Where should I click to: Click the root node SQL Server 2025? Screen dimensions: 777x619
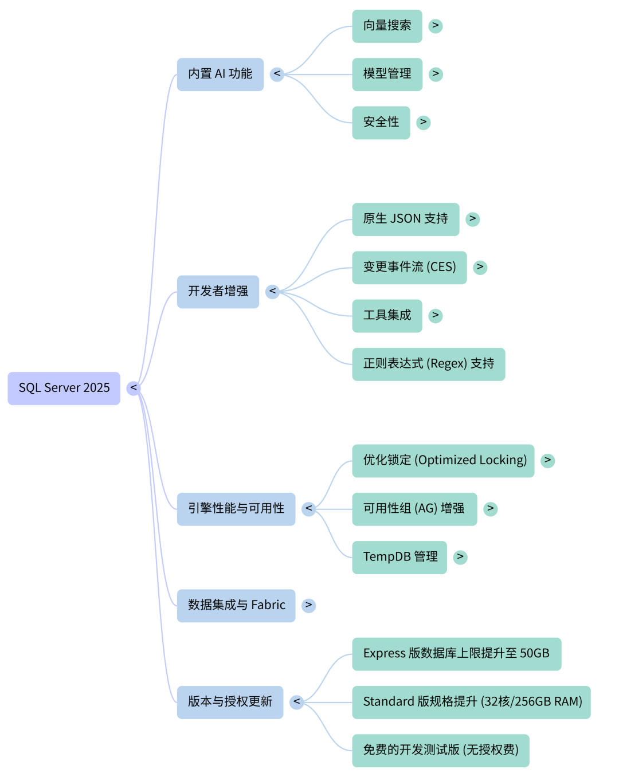(x=64, y=388)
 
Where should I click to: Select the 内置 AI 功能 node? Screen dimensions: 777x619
(x=220, y=74)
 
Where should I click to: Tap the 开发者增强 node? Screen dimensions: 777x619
(x=218, y=292)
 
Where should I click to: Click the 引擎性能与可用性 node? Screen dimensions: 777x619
(x=236, y=509)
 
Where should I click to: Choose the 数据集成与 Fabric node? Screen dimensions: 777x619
(x=236, y=605)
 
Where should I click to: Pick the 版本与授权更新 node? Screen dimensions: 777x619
(x=230, y=702)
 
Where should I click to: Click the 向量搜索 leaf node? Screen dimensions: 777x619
(x=387, y=26)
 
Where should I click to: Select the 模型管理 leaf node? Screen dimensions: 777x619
(x=387, y=74)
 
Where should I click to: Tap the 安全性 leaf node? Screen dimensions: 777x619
(x=381, y=122)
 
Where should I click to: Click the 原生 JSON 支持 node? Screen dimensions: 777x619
(x=405, y=219)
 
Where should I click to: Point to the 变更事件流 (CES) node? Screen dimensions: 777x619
(x=409, y=267)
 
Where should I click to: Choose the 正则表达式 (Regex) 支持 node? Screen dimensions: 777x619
(x=428, y=364)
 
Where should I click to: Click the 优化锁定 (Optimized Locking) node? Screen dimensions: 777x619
(x=443, y=460)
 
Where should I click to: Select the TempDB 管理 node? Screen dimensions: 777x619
(x=399, y=557)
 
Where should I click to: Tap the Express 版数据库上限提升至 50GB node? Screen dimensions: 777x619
(x=456, y=653)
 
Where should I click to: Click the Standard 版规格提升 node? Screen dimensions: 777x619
(x=471, y=702)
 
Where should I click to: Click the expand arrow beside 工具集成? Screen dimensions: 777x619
(x=436, y=315)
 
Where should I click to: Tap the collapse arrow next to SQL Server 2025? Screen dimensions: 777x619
(x=134, y=388)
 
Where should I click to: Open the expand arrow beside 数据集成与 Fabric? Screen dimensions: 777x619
(x=308, y=605)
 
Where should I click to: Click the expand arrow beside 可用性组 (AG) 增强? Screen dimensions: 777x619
(x=491, y=509)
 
